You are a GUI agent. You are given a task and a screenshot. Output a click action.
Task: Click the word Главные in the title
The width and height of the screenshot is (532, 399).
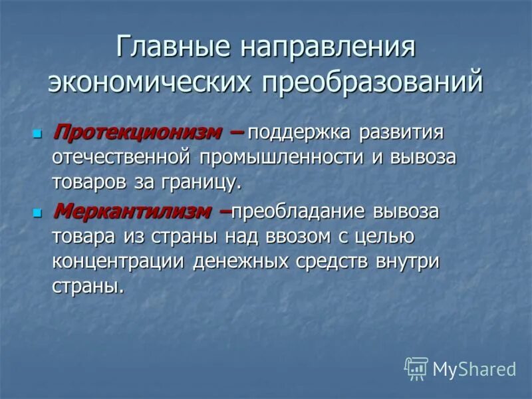[171, 48]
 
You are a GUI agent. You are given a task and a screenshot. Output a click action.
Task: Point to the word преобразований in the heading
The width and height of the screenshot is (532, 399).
[372, 82]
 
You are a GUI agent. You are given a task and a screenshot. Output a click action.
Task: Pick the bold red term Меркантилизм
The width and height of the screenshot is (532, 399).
[132, 212]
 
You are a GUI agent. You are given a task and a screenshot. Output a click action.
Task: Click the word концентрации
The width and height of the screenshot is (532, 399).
[119, 261]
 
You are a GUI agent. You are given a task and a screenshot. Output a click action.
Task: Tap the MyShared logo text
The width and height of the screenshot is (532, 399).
[474, 369]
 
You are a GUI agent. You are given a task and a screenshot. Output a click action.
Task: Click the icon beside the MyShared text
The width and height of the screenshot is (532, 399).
[416, 369]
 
